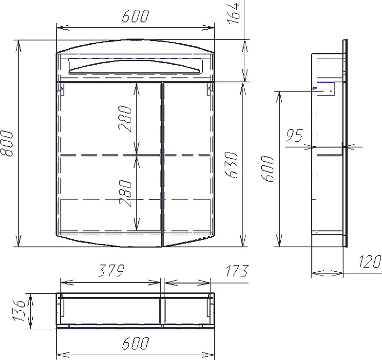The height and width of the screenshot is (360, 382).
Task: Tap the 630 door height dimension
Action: [231, 165]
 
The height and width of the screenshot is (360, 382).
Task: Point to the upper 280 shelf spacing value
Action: [126, 119]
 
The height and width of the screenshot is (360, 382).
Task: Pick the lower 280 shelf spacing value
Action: [126, 193]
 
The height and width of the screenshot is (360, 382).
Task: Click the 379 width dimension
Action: [111, 271]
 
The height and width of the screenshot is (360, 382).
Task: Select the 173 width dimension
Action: [237, 271]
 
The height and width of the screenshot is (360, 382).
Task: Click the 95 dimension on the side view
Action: [294, 135]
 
